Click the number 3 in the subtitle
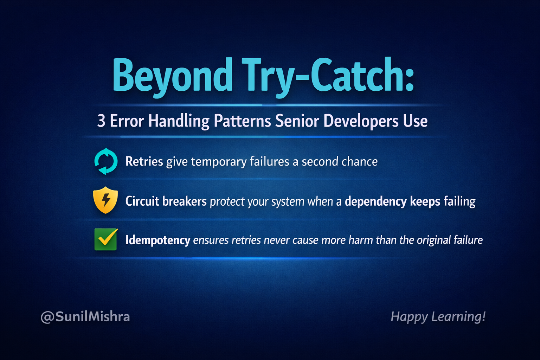[101, 121]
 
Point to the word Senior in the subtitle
[297, 121]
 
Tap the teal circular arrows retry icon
[106, 161]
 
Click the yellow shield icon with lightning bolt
[105, 200]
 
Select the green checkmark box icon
[106, 239]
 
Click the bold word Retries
[144, 161]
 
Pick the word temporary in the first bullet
[219, 162]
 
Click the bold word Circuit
[142, 201]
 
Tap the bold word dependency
[375, 201]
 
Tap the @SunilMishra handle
[85, 317]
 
